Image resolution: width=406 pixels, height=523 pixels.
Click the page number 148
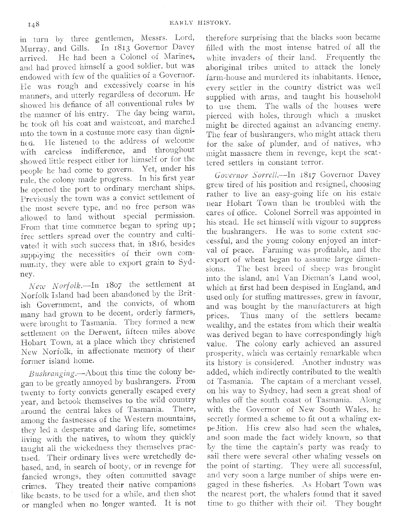click(32, 24)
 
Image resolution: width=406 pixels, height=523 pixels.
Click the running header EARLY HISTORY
click(200, 23)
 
